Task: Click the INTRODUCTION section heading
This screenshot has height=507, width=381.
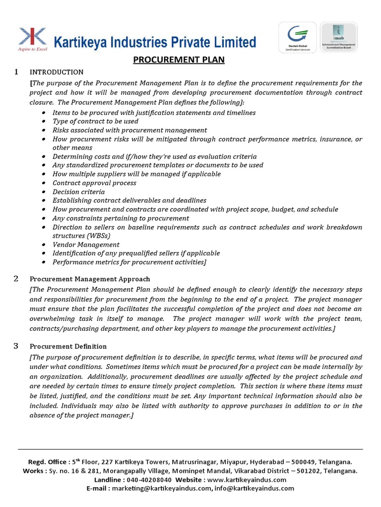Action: [x=57, y=72]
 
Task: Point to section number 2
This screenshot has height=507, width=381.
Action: [x=16, y=279]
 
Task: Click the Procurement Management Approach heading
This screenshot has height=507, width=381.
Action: [x=90, y=279]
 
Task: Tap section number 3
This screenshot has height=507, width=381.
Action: [x=16, y=346]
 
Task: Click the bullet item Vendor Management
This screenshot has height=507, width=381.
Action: [x=86, y=245]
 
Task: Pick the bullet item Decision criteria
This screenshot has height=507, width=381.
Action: [x=78, y=192]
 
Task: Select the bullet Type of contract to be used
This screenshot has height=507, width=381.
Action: [x=95, y=121]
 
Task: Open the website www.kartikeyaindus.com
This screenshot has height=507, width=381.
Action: [x=247, y=480]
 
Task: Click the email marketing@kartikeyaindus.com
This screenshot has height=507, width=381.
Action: [x=162, y=488]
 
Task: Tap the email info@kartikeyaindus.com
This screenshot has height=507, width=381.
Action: [x=254, y=488]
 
